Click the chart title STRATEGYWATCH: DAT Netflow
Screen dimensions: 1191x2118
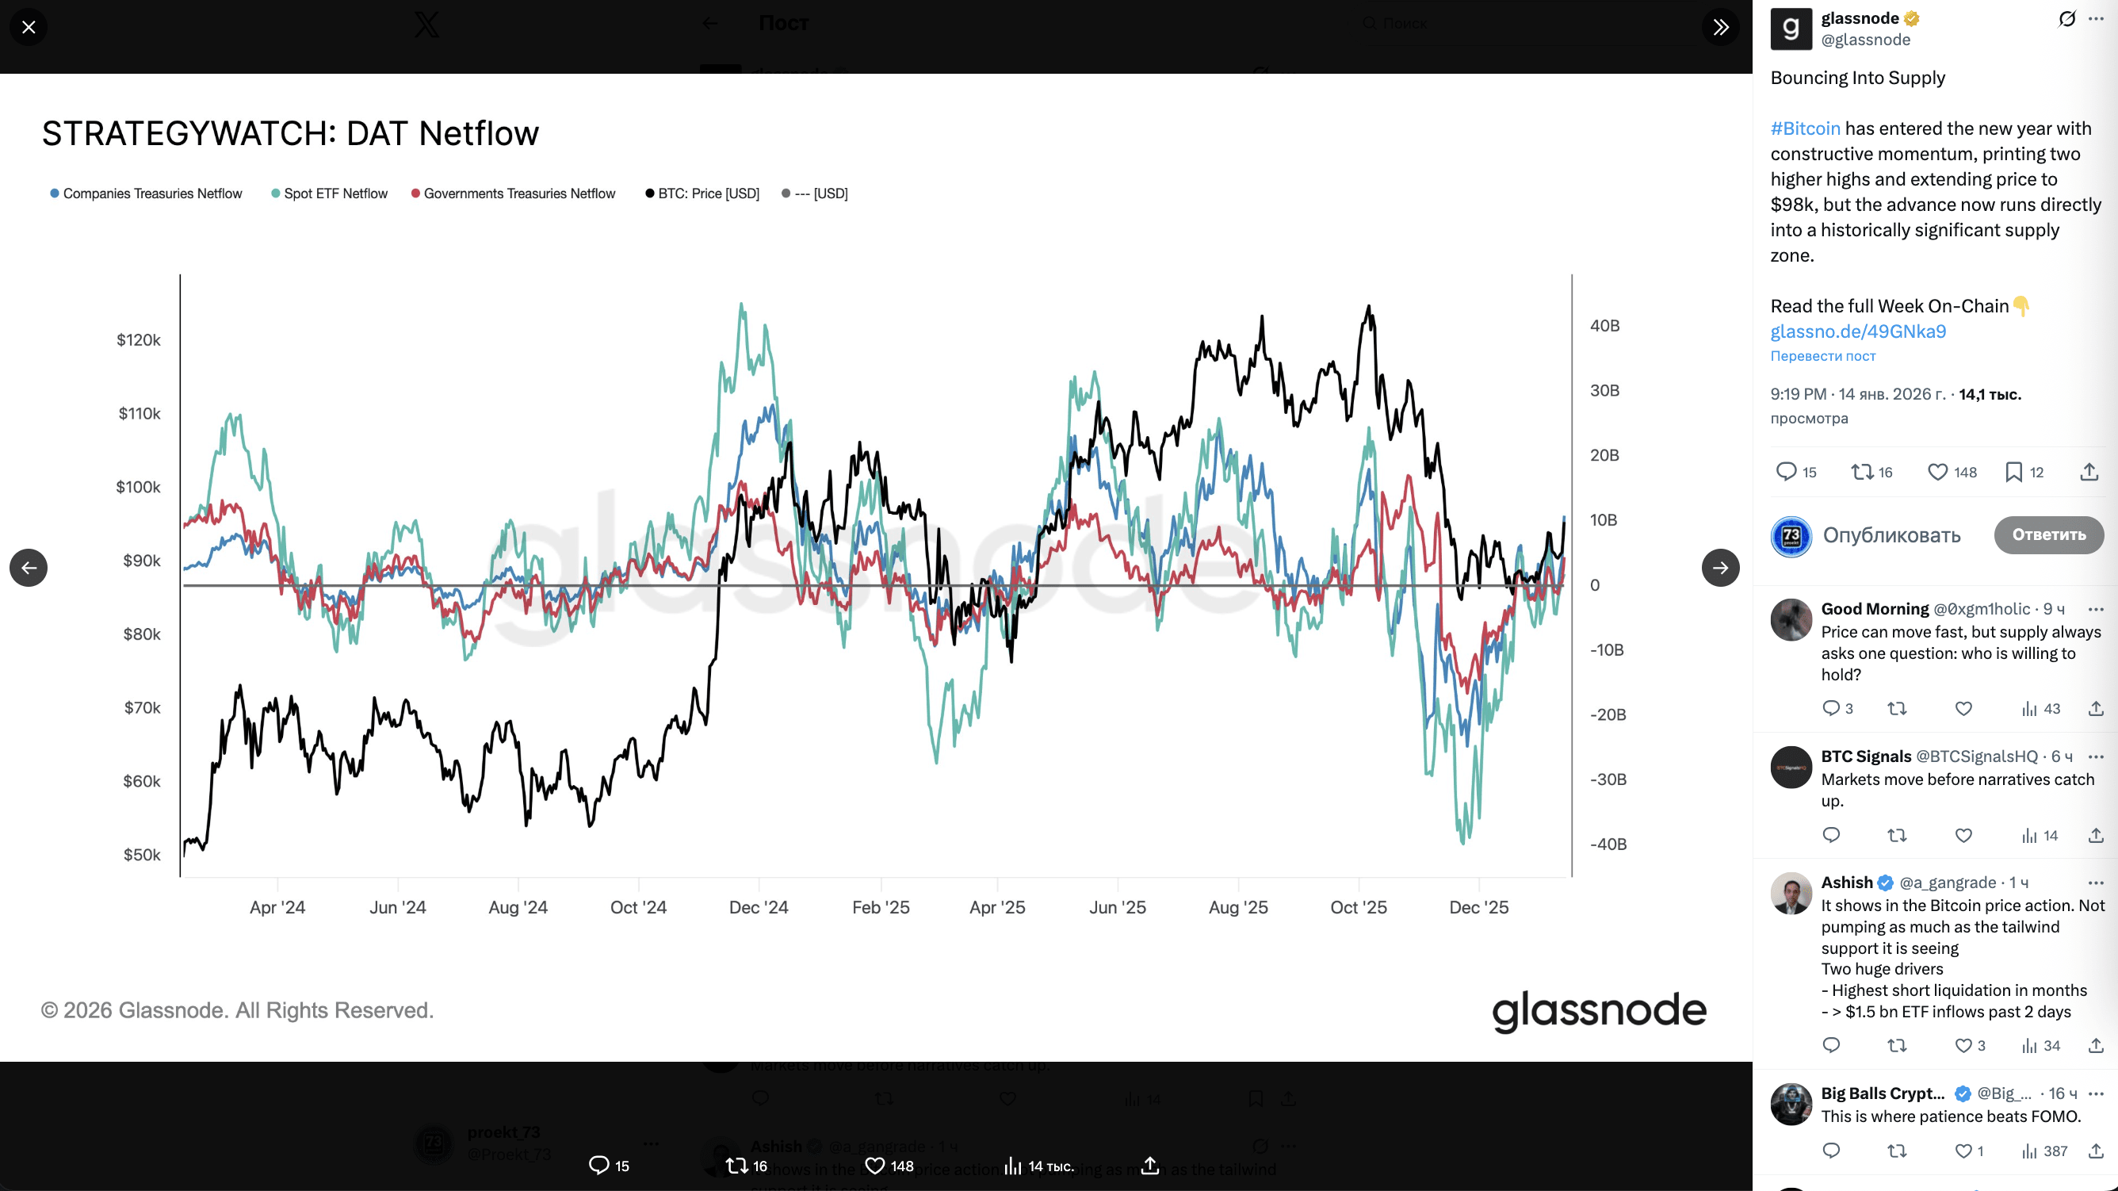pyautogui.click(x=290, y=133)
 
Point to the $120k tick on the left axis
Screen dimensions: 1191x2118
pyautogui.click(x=138, y=339)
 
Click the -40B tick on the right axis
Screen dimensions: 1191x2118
pyautogui.click(x=1608, y=844)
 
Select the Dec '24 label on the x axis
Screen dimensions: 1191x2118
pyautogui.click(x=758, y=907)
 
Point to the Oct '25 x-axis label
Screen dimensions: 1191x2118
pyautogui.click(x=1359, y=907)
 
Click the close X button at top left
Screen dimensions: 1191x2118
pyautogui.click(x=29, y=27)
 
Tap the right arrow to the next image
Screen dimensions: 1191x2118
pyautogui.click(x=1720, y=568)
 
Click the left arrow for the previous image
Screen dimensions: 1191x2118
pyautogui.click(x=29, y=568)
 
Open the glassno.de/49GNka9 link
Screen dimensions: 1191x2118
pyautogui.click(x=1858, y=331)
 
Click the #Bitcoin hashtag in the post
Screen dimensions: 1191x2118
pyautogui.click(x=1805, y=128)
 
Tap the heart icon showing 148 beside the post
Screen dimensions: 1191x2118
pyautogui.click(x=1938, y=472)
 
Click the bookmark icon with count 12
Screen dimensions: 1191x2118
pyautogui.click(x=2013, y=472)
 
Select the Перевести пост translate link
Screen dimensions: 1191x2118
pyautogui.click(x=1823, y=356)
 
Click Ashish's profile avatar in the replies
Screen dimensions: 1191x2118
pyautogui.click(x=1791, y=893)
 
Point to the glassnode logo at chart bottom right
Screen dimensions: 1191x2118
pyautogui.click(x=1598, y=1010)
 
